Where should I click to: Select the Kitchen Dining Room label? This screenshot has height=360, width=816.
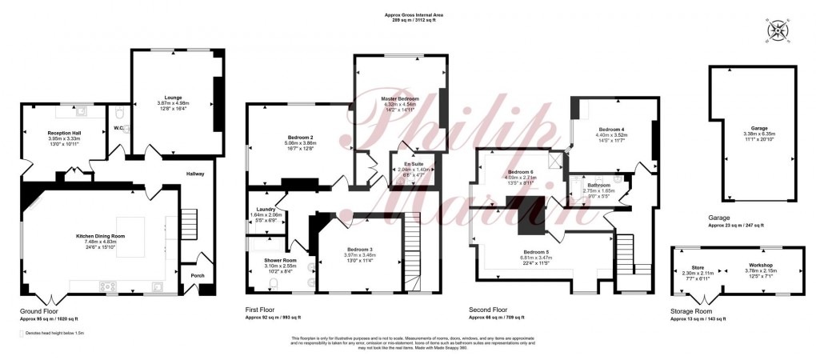tap(101, 237)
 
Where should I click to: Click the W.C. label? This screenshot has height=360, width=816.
tap(117, 127)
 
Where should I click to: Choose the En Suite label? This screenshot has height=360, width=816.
tap(414, 163)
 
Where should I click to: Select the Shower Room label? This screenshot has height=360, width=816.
tap(280, 259)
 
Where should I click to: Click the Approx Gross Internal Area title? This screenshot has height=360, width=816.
tap(407, 14)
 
